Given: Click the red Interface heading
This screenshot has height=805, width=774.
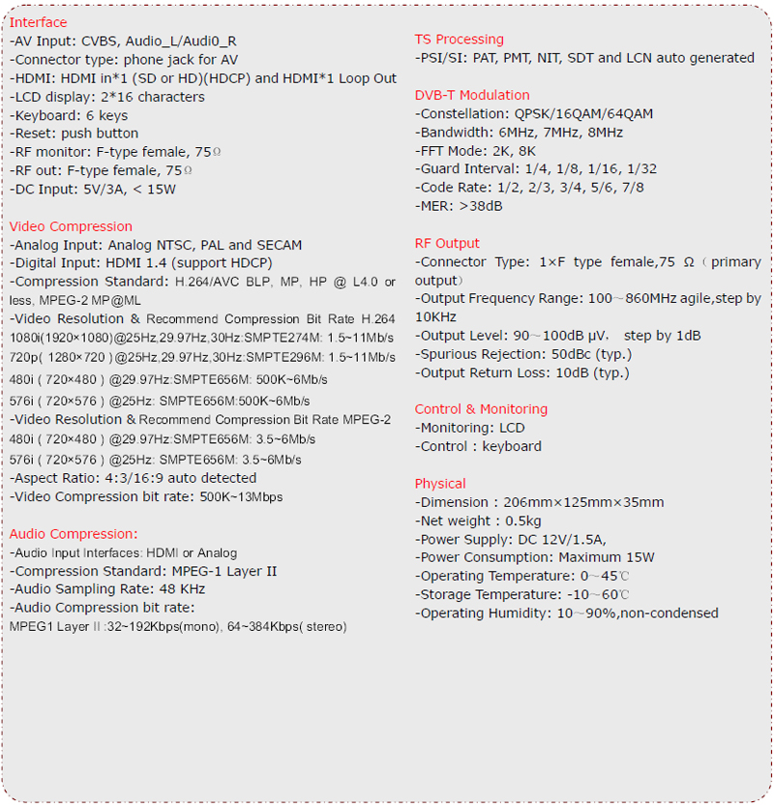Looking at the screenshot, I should (39, 22).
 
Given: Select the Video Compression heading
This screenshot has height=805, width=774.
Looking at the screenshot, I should (71, 226).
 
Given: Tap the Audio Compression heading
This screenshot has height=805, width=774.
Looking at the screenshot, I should (74, 534).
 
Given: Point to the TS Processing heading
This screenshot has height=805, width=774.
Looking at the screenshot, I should (459, 40).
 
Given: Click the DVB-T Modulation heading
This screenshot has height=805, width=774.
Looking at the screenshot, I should (472, 95).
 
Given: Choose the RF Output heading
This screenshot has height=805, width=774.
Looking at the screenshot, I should (447, 244).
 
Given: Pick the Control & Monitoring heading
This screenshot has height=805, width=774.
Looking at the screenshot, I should (481, 409).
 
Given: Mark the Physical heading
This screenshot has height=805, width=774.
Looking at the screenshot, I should (440, 484).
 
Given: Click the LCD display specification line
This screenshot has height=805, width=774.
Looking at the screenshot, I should (107, 97).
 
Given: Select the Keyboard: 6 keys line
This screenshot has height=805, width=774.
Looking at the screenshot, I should (69, 115).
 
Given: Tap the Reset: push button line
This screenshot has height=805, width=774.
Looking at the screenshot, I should (74, 134).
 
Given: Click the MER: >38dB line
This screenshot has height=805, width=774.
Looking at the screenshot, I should (459, 206).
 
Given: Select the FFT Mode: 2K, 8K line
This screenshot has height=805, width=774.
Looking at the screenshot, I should (476, 151).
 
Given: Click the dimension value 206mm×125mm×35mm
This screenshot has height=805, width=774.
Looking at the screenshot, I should (583, 502).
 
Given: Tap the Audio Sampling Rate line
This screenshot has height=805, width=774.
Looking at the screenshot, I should (107, 589).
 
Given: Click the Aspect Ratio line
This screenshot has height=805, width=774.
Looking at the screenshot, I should (134, 478).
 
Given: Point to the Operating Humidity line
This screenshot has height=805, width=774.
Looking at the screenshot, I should (567, 612).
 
